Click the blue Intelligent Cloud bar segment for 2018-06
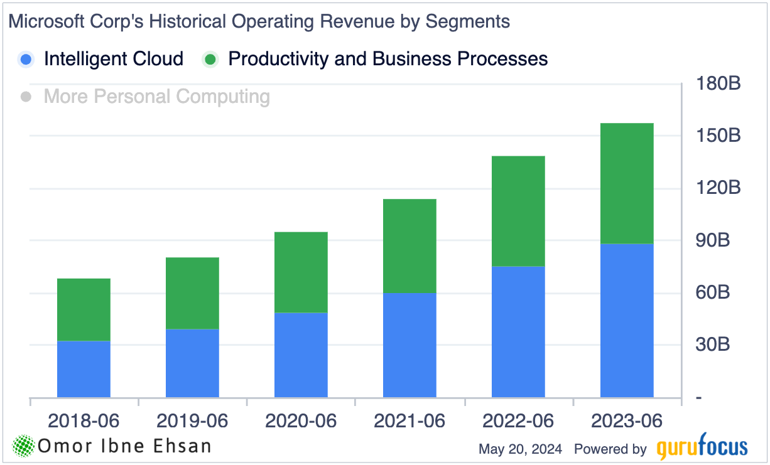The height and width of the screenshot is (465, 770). point(84,369)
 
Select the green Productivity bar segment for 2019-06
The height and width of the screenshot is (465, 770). point(192,293)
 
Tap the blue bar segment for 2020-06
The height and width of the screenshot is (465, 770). point(301,355)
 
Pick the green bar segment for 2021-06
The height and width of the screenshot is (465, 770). point(409,246)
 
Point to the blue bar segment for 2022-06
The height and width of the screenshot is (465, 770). point(518,331)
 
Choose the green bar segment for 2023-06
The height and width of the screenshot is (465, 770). point(627,183)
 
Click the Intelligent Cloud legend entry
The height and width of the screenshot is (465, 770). point(113,59)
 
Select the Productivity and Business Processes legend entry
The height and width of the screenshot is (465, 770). point(388,59)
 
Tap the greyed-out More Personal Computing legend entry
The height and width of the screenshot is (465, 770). point(156,97)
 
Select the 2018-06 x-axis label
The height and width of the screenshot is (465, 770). point(84,420)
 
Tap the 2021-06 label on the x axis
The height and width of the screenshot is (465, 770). point(409,420)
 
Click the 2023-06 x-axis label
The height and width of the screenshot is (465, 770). point(627,420)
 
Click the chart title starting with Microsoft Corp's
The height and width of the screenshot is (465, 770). point(259,21)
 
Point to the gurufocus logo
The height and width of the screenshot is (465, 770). point(702,448)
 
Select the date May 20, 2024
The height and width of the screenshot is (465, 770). point(520,449)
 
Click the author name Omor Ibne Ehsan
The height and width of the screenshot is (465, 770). point(124,446)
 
